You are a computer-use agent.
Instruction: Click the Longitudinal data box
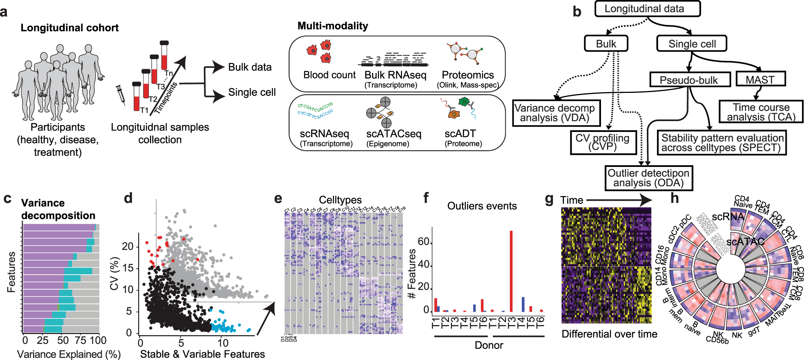click(647, 9)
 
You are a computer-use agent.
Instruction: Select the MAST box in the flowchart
click(760, 79)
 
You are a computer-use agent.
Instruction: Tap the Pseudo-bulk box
click(689, 80)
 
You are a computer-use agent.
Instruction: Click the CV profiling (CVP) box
click(603, 142)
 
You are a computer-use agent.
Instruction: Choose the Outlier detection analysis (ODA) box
click(648, 178)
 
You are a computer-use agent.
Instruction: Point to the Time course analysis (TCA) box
click(761, 112)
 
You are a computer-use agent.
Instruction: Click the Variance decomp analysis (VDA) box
click(556, 113)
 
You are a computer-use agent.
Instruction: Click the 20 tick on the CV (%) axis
click(127, 246)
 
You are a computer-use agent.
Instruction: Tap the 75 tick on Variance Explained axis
click(80, 341)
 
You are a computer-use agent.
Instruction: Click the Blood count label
click(329, 75)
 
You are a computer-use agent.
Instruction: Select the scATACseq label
click(394, 134)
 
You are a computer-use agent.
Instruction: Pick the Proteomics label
click(468, 75)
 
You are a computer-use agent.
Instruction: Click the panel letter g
click(549, 200)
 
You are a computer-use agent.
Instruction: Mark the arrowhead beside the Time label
click(645, 200)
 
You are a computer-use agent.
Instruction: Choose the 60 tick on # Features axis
click(424, 242)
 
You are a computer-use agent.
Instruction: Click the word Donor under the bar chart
click(489, 345)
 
